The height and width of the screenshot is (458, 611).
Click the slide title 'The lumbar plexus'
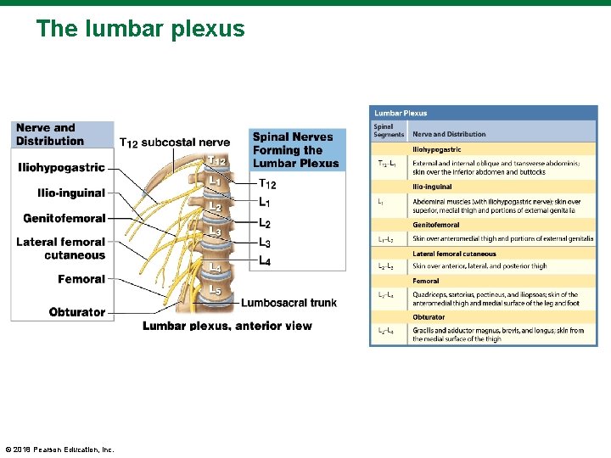tap(140, 30)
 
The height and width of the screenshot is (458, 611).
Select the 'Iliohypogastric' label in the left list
tap(61, 168)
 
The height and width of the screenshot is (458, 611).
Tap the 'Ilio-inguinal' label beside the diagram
tap(71, 193)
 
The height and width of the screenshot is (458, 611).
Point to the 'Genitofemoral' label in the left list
tap(64, 219)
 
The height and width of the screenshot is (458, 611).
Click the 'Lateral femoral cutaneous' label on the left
tap(61, 249)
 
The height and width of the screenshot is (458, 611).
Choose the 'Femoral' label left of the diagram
tap(81, 279)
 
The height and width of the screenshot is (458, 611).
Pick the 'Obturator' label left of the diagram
tap(77, 312)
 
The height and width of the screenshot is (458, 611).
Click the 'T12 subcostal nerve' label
tap(174, 142)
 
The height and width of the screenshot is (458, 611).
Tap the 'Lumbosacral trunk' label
tap(289, 303)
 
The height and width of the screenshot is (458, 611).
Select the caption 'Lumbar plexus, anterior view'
tap(227, 326)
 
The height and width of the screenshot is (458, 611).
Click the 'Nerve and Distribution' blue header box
tap(61, 134)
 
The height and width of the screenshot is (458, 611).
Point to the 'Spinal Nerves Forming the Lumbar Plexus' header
tap(295, 149)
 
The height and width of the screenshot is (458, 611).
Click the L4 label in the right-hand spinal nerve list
tap(265, 261)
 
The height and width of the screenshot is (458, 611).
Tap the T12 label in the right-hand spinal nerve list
tap(266, 184)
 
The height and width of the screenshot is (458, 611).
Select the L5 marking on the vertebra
tap(216, 290)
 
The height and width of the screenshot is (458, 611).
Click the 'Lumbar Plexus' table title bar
tap(483, 113)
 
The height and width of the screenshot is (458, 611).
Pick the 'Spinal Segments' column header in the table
tap(384, 131)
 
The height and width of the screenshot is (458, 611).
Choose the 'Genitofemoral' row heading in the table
tap(436, 225)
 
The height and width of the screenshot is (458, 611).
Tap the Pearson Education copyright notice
tap(59, 450)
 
